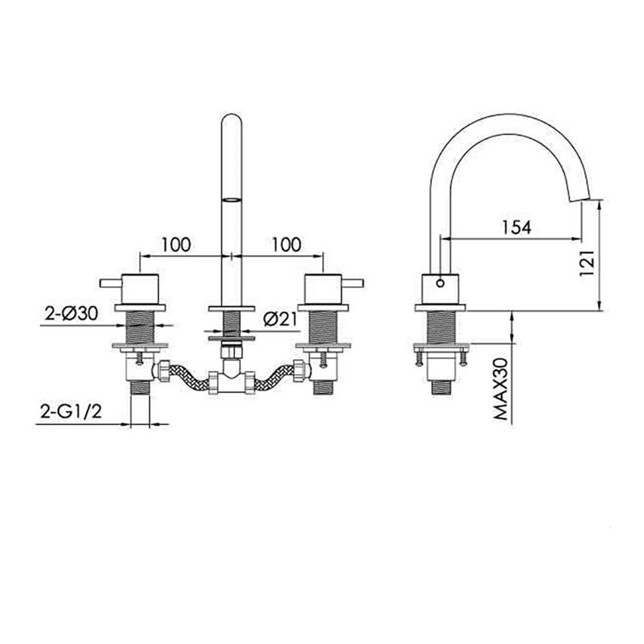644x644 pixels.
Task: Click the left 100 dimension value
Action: [176, 245]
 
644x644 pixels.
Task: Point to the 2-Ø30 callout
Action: [71, 314]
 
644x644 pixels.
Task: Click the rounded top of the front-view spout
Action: [231, 122]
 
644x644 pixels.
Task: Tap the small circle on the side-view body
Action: [440, 282]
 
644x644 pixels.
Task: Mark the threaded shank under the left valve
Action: [140, 328]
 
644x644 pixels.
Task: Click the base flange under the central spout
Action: [231, 308]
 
